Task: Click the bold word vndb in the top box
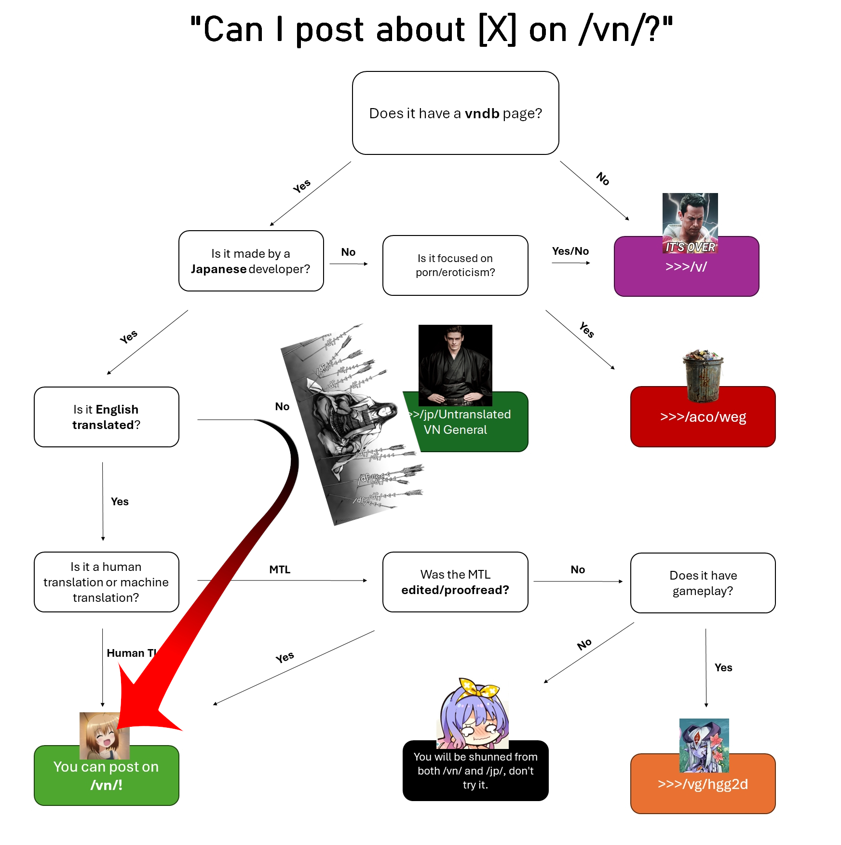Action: tap(482, 113)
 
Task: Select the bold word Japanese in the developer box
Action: tap(218, 269)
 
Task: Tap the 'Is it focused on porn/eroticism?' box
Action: tap(455, 265)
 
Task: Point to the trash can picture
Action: tap(703, 375)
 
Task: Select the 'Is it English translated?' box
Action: tap(107, 417)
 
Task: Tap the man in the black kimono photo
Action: tap(455, 365)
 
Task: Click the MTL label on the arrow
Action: tap(280, 569)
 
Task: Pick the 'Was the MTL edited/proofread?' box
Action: tap(455, 582)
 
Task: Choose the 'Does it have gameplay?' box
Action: tap(703, 583)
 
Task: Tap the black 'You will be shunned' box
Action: tap(475, 771)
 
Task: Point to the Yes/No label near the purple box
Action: tap(570, 251)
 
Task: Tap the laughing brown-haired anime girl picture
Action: tap(104, 735)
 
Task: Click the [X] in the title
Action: tap(497, 30)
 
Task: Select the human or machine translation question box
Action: tap(107, 582)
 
